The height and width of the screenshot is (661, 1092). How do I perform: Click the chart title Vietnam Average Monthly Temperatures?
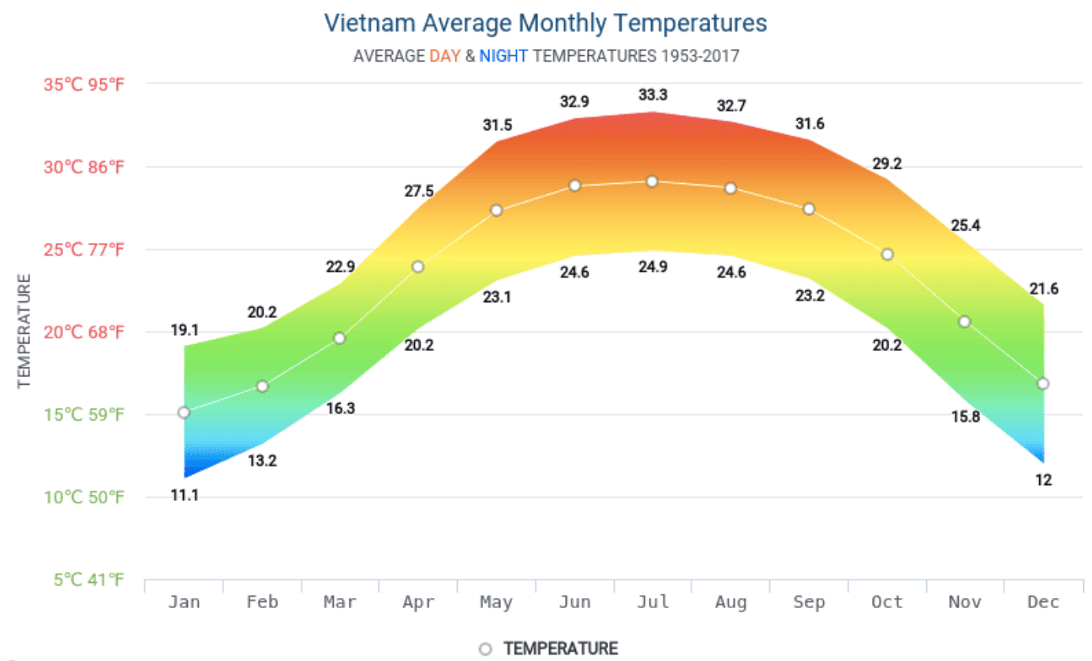pos(545,23)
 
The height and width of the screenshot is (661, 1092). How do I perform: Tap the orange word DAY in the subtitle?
pos(444,56)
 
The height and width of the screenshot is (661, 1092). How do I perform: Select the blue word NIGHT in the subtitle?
pos(503,56)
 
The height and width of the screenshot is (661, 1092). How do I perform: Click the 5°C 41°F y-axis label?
pos(89,581)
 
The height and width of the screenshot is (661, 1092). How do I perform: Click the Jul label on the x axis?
pos(653,603)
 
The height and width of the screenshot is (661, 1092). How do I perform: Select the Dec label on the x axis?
pos(1043,603)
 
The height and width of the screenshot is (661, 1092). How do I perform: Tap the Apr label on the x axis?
pos(418,603)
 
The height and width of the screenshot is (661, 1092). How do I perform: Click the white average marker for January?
pos(184,412)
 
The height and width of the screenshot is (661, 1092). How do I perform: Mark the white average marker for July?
pos(652,181)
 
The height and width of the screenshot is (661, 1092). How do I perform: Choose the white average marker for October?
pos(887,254)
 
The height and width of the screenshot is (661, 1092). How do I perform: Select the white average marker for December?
pos(1043,383)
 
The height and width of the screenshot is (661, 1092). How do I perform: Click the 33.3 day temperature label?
pos(653,95)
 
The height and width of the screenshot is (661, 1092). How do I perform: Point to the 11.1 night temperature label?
pos(184,495)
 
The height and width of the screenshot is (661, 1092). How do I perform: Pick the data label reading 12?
pos(1043,480)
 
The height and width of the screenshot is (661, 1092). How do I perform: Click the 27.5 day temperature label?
pos(418,192)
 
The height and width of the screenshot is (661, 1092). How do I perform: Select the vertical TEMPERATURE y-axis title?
pos(24,330)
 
